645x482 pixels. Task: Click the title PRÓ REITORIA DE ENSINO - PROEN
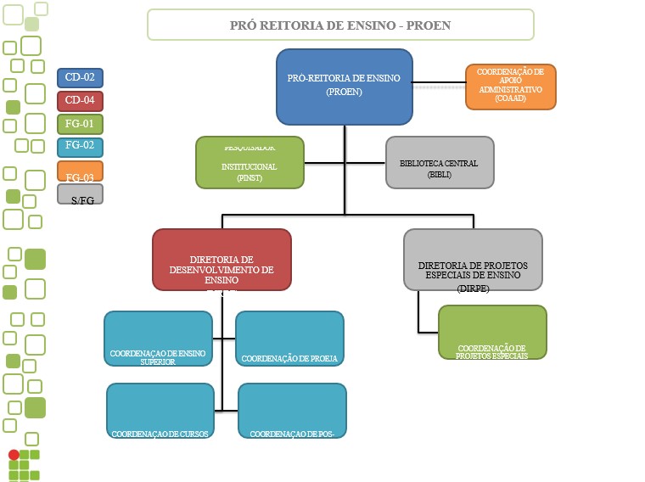(x=340, y=25)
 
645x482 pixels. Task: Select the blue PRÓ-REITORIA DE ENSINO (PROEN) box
(x=344, y=87)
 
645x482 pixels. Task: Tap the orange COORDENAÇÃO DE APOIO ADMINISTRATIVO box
(x=510, y=87)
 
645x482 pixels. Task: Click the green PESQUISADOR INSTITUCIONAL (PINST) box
(x=250, y=161)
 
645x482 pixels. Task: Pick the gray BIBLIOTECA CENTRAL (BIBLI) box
(x=440, y=161)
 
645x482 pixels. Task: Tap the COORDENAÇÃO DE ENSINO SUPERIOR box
(x=158, y=339)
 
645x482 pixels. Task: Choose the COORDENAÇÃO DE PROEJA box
(x=289, y=339)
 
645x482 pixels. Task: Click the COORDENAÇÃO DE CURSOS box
(x=160, y=410)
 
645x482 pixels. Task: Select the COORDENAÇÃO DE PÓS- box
(x=292, y=410)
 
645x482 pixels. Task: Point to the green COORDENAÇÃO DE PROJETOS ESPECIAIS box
(x=492, y=333)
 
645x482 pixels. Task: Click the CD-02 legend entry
(x=80, y=78)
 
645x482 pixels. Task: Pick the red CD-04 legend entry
(x=80, y=101)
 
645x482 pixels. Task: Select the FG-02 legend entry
(x=80, y=147)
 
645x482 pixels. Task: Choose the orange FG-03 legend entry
(x=80, y=171)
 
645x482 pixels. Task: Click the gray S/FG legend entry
(x=80, y=194)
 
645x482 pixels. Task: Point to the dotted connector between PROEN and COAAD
(x=439, y=87)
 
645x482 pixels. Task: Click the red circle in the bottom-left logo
(x=14, y=455)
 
